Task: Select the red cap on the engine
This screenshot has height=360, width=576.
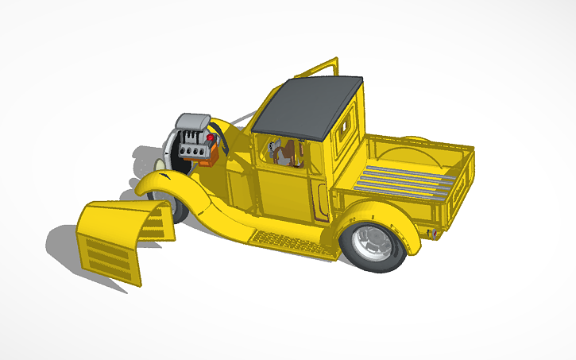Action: (211, 139)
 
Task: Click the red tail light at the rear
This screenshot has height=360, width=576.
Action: (434, 234)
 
